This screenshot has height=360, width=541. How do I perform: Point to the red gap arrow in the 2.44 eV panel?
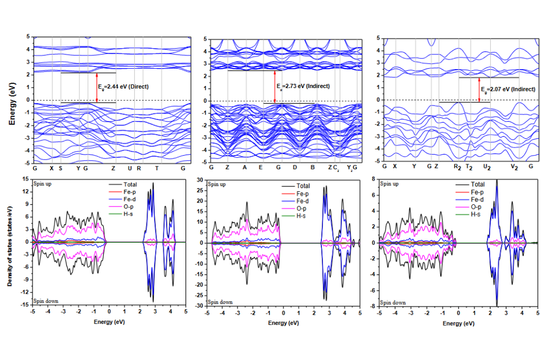[97, 87]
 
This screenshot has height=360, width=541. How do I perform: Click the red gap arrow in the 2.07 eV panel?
[479, 89]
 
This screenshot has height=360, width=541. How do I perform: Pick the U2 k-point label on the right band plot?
[487, 168]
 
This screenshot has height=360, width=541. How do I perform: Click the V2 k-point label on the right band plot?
[515, 168]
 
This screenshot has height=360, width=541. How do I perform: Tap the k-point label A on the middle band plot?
[245, 168]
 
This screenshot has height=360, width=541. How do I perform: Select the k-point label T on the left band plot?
[157, 168]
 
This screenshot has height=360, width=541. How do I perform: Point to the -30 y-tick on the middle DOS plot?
[200, 306]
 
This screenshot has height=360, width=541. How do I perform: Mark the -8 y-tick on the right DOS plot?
[373, 306]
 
